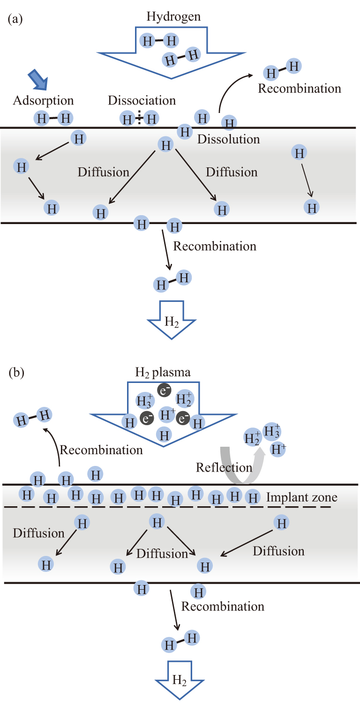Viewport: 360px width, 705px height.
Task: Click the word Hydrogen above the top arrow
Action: pos(173,17)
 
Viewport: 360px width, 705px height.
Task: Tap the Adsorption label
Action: pos(43,100)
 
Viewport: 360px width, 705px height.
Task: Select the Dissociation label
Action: pos(142,100)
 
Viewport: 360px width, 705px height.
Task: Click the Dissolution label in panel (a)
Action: pos(228,139)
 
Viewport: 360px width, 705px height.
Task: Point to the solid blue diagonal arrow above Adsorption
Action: pos(38,79)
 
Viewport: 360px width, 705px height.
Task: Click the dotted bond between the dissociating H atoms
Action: pos(139,119)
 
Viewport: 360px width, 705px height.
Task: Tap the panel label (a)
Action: pos(15,19)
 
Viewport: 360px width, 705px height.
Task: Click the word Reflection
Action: pos(224,467)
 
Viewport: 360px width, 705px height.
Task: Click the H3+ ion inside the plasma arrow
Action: pos(143,401)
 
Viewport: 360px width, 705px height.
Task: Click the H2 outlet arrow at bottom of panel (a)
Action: pos(172,321)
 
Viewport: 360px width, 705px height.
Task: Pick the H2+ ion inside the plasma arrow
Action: pos(184,399)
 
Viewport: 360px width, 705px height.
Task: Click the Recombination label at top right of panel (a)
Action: pos(300,89)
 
